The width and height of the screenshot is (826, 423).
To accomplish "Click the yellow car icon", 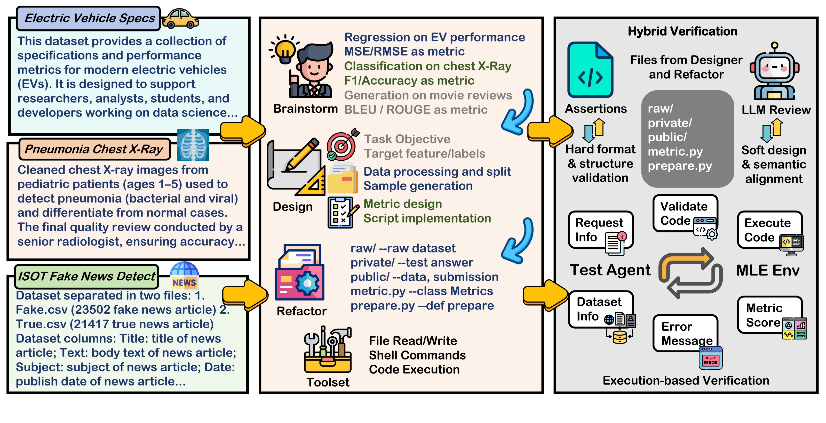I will tap(180, 19).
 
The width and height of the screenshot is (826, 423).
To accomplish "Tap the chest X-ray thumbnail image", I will tap(193, 145).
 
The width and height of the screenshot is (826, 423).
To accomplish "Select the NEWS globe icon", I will tap(184, 275).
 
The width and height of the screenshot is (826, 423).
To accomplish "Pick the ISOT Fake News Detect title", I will tap(86, 276).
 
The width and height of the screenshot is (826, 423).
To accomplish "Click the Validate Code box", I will tap(685, 213).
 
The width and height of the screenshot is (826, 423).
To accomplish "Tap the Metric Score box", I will tap(769, 315).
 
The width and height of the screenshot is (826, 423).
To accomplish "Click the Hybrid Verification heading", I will tap(682, 31).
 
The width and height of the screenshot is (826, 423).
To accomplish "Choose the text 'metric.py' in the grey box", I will tap(675, 152).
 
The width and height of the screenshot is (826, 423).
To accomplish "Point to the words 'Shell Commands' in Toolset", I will tap(417, 355).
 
